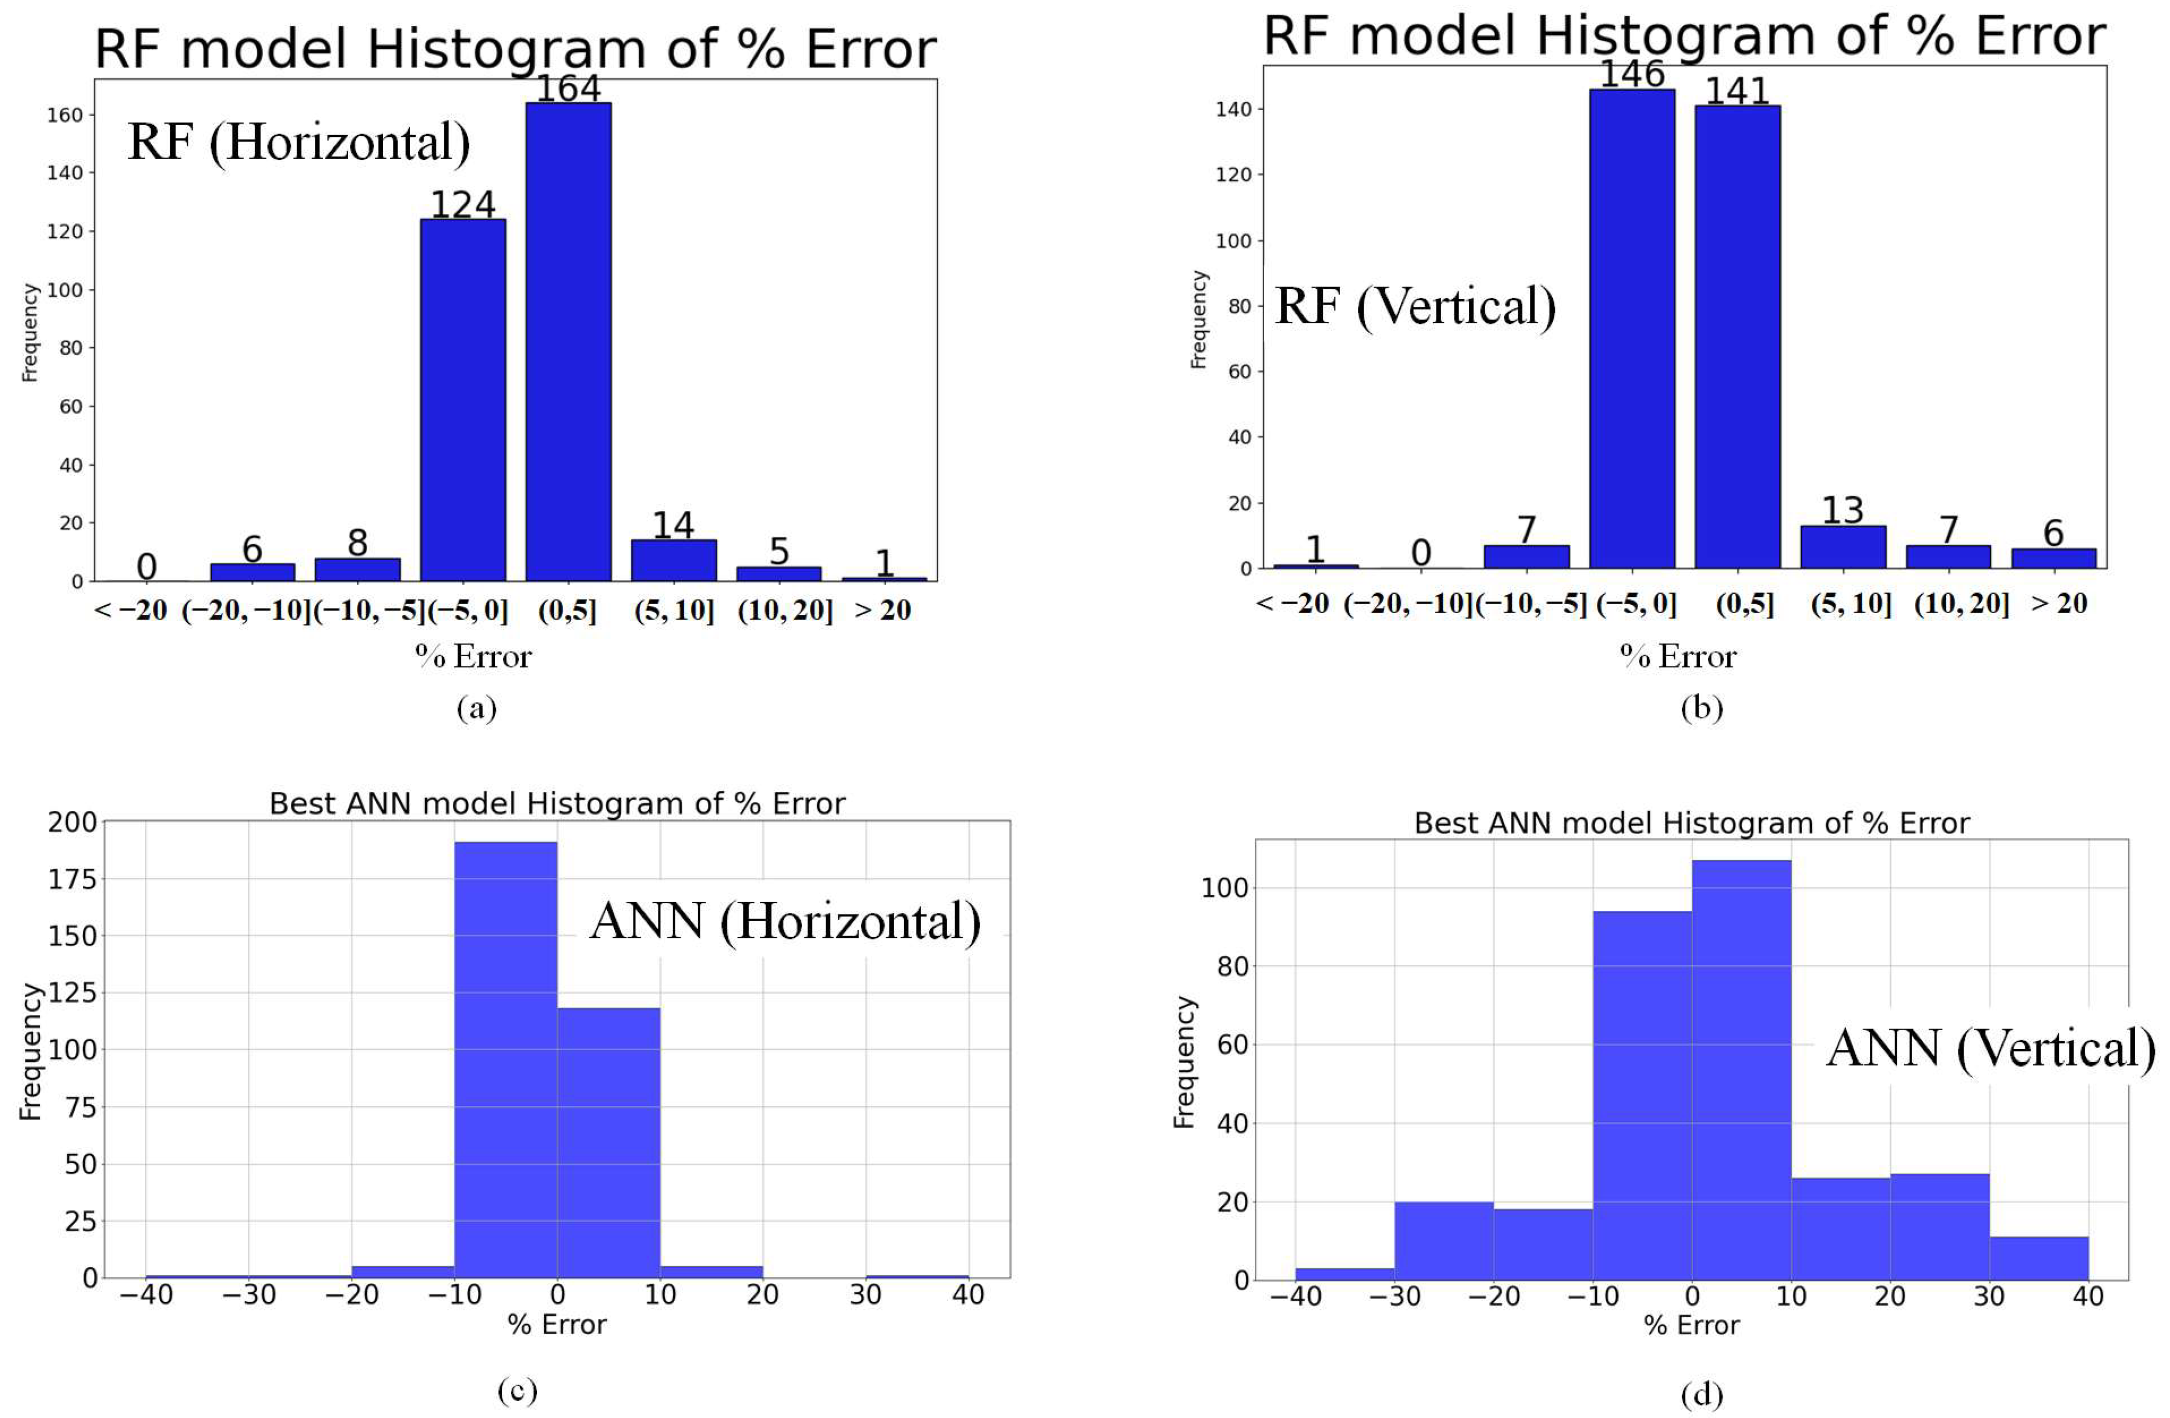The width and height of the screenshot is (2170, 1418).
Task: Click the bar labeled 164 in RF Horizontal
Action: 568,342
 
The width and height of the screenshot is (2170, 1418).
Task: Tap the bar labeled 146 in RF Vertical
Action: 1632,328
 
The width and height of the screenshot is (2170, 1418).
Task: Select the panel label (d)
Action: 1701,1395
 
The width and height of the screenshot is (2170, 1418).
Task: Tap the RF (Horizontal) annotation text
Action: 299,142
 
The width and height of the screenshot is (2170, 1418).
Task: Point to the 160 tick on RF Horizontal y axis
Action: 65,115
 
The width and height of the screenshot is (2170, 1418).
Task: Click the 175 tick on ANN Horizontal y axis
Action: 72,879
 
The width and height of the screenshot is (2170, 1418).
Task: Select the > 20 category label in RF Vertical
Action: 2059,603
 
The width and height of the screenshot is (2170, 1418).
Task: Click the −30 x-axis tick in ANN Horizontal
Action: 249,1295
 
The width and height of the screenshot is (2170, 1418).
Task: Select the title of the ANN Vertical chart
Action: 1691,823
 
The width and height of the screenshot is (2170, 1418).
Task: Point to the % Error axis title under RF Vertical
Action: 1679,657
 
